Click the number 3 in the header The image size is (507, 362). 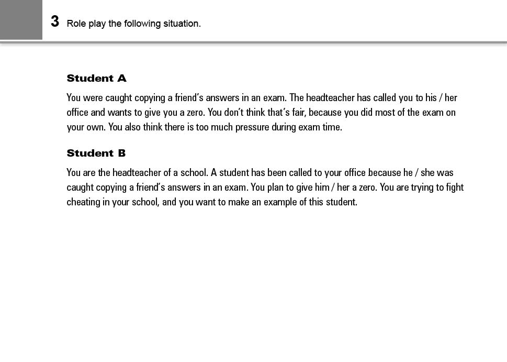(x=55, y=22)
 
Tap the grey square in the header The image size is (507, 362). (x=21, y=19)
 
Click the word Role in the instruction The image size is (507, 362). (x=76, y=24)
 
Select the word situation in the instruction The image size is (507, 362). (x=183, y=24)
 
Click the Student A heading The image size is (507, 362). (x=96, y=79)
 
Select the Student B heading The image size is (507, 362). (x=96, y=153)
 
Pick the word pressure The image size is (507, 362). (x=249, y=127)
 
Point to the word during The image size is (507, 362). (x=284, y=127)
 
